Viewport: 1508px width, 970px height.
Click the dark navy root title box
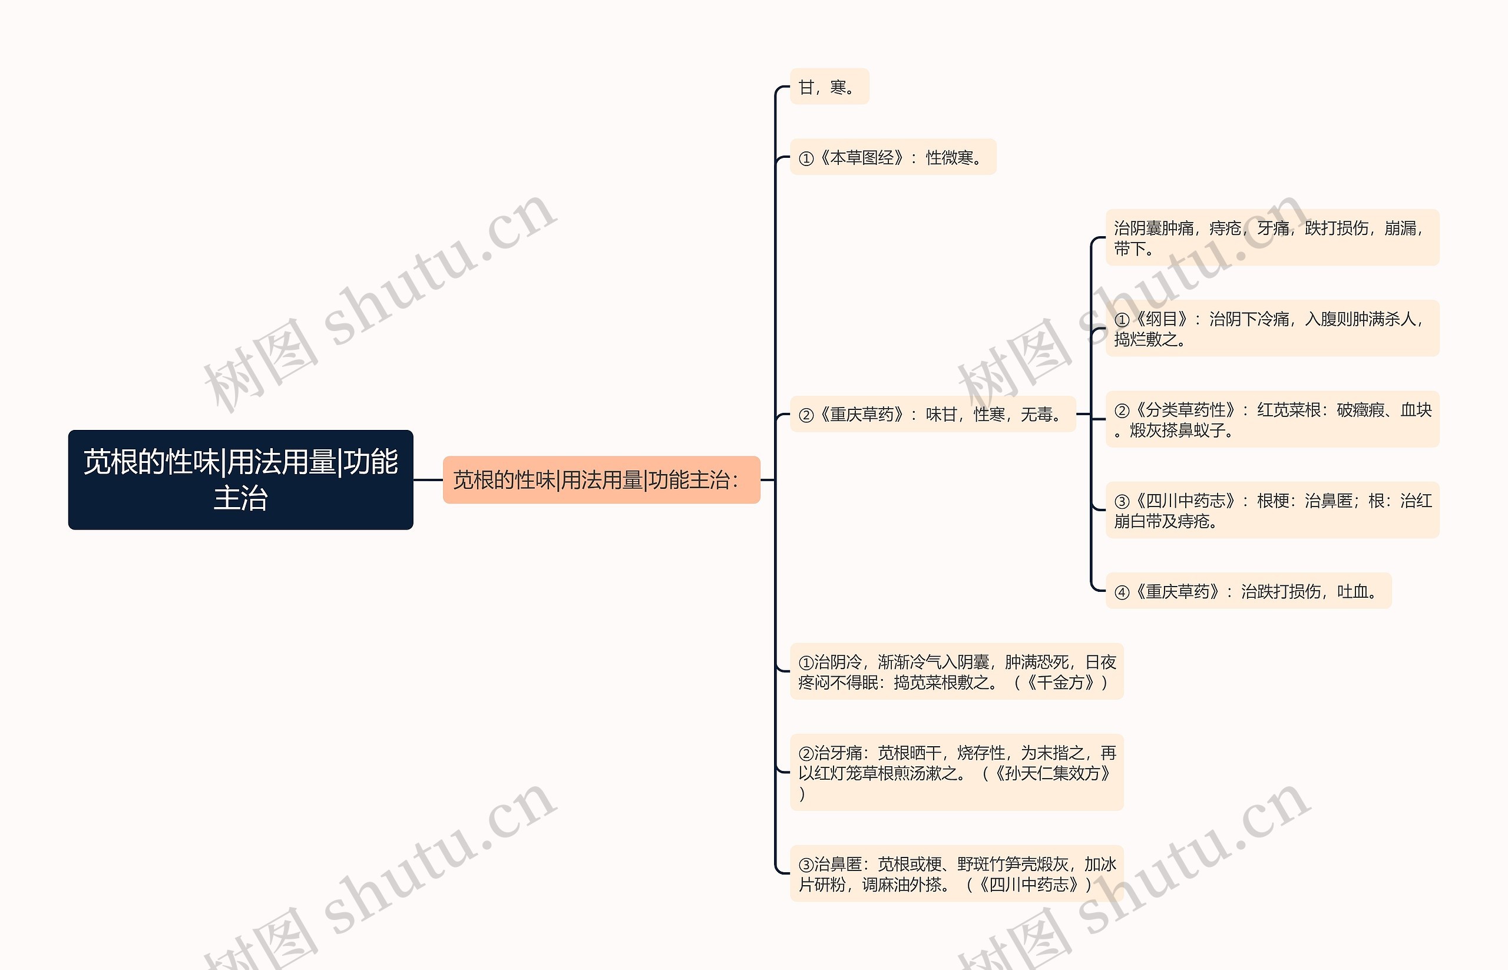point(240,479)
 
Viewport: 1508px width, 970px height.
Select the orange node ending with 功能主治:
point(601,480)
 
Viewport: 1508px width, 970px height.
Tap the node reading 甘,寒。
point(829,87)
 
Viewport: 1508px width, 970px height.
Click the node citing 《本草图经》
point(892,157)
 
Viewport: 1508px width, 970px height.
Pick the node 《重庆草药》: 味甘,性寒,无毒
point(932,415)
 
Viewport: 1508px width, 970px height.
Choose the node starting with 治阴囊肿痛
point(1272,237)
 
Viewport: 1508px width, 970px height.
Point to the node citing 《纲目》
point(1272,329)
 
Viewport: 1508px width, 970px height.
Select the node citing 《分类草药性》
point(1272,419)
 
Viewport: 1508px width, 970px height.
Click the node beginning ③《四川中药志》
point(1272,510)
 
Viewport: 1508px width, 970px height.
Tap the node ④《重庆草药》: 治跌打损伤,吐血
point(1248,591)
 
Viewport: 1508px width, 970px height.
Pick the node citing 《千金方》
point(956,671)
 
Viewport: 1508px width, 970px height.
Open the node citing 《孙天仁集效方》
point(956,772)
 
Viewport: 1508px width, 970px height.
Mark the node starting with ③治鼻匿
point(956,873)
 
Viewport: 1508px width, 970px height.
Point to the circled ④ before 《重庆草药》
point(1122,592)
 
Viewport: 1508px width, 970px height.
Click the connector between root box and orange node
point(428,480)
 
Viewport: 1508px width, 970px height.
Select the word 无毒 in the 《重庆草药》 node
point(1036,415)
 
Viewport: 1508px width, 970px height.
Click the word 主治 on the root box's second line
point(240,498)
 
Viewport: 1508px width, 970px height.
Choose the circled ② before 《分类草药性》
point(1122,411)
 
